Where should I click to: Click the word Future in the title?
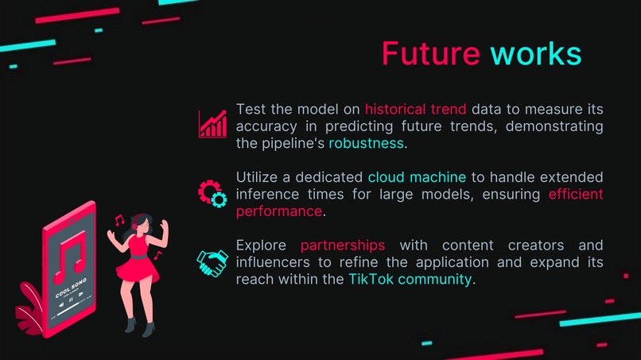(x=430, y=54)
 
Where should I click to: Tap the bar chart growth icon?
(x=212, y=124)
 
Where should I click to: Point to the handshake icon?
(x=212, y=261)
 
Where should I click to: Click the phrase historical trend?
(x=416, y=108)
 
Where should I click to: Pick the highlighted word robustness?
(x=366, y=144)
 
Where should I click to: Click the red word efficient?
(x=576, y=194)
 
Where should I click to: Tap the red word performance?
(x=279, y=211)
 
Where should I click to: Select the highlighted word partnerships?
(x=343, y=244)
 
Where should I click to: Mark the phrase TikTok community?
(x=410, y=279)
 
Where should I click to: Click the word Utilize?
(x=258, y=176)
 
